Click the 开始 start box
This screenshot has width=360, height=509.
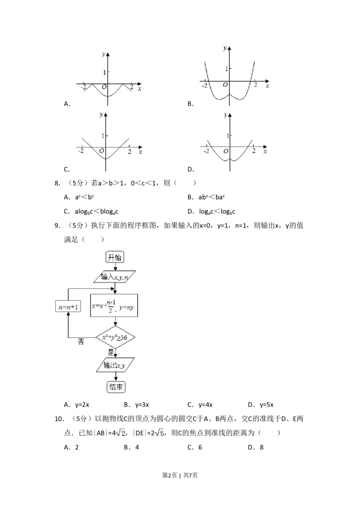click(115, 257)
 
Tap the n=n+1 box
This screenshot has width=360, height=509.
click(67, 308)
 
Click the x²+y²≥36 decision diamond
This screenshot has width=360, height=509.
click(116, 337)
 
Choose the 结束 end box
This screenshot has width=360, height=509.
click(116, 387)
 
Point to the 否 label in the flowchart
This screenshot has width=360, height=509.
click(81, 342)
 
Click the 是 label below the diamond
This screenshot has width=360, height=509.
click(111, 352)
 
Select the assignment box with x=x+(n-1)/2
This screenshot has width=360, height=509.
click(115, 306)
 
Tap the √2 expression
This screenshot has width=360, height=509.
click(120, 433)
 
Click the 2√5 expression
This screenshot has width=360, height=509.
click(158, 433)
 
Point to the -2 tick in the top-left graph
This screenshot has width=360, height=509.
click(84, 88)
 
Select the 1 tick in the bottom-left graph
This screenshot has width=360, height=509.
click(103, 136)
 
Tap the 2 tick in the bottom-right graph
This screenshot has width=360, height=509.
click(254, 151)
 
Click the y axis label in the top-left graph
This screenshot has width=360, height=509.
click(104, 54)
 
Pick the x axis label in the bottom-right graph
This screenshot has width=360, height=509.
click(265, 152)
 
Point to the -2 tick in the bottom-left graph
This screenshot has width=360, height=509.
click(81, 152)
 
